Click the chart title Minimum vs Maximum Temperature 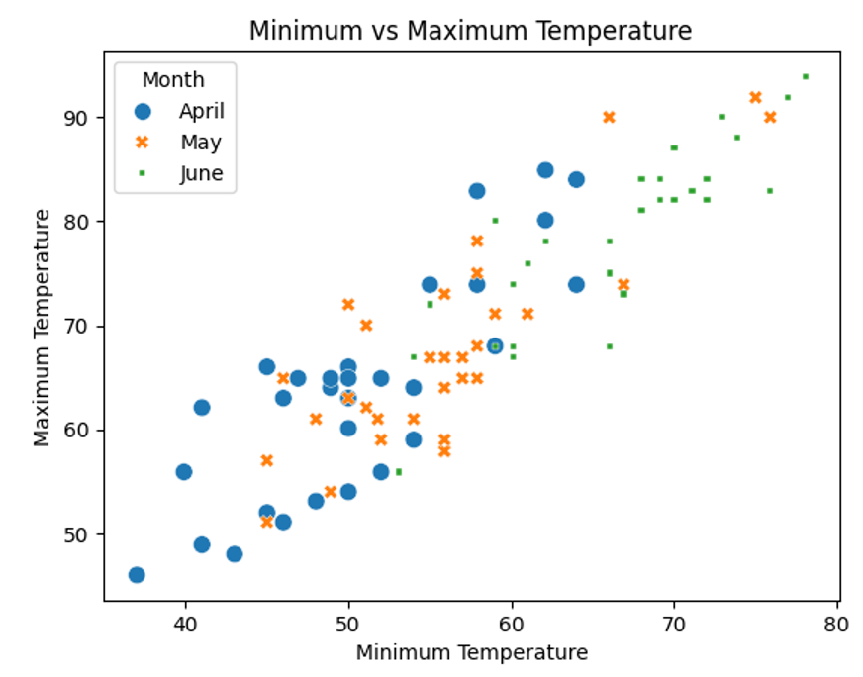point(470,31)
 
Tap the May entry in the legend point(201,143)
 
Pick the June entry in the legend point(201,174)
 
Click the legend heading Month point(173,80)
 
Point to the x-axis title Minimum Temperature point(471,653)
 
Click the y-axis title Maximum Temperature point(42,327)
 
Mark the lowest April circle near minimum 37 point(137,575)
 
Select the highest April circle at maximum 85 point(544,170)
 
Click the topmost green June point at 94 point(805,76)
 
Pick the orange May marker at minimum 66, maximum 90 point(609,117)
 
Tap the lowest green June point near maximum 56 point(398,472)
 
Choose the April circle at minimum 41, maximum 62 point(202,408)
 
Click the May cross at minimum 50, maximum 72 point(348,304)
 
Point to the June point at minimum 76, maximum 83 point(770,190)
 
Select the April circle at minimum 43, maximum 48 point(235,554)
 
